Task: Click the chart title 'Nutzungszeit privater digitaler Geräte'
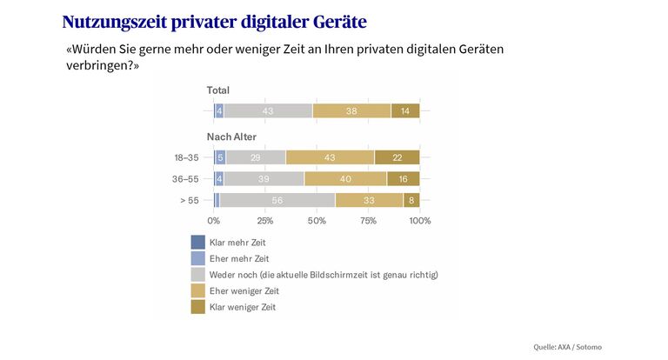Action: click(214, 21)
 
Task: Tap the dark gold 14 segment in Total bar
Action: click(405, 110)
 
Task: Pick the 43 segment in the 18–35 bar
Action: click(330, 157)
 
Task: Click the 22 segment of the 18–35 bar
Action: click(397, 157)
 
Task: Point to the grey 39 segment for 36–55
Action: click(264, 178)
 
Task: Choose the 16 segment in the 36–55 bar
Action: click(403, 178)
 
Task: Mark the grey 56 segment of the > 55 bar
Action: click(277, 200)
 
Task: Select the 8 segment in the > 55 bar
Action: click(411, 200)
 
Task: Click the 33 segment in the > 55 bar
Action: click(369, 200)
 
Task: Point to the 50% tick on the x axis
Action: click(317, 221)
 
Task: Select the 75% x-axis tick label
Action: click(368, 221)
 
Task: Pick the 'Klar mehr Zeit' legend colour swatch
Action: click(197, 242)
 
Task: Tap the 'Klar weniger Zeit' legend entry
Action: click(246, 307)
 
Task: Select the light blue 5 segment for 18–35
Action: click(221, 157)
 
